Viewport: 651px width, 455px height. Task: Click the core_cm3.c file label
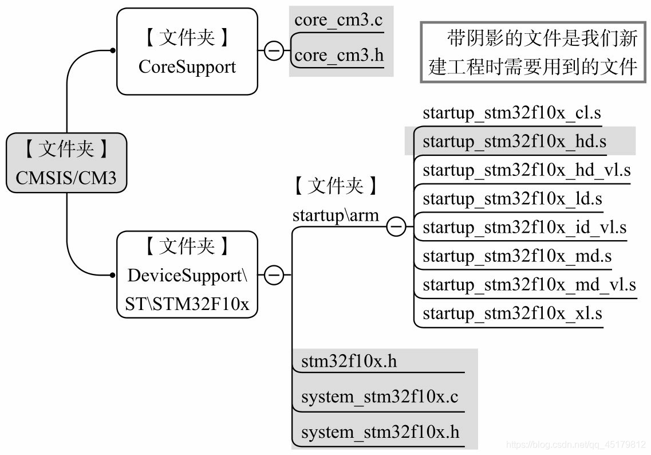338,21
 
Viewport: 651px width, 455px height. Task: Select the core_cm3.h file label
338,56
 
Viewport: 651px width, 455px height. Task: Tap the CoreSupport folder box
187,52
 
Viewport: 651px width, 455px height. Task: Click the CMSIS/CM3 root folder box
66,163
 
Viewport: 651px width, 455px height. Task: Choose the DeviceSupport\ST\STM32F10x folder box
187,275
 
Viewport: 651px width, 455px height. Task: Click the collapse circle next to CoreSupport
274,51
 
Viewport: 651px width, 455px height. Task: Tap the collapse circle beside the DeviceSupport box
274,275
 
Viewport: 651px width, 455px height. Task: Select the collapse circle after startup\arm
396,227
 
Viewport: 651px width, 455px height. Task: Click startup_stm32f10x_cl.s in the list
512,113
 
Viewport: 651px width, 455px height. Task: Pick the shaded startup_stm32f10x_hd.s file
514,141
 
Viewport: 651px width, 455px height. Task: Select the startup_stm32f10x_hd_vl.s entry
526,170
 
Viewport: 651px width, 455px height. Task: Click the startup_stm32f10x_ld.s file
512,199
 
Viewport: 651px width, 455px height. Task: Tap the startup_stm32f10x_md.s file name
516,256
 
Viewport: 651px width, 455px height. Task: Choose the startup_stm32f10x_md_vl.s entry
528,285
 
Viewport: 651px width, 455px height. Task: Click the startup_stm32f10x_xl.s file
512,313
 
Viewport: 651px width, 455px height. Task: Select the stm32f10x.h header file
349,362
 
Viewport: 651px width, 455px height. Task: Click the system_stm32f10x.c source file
380,397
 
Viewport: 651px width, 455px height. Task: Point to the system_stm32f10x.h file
380,432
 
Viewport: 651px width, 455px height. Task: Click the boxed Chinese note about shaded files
533,53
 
